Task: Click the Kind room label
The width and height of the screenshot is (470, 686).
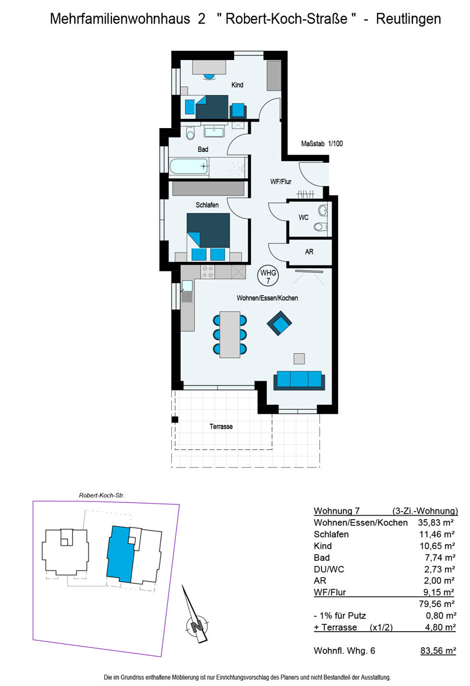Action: [x=237, y=85]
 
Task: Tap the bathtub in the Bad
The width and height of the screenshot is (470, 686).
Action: [x=189, y=166]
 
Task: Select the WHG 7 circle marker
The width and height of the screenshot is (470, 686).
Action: [x=268, y=276]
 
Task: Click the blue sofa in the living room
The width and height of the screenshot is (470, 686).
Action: [x=299, y=380]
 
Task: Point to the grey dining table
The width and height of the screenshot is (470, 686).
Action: [x=230, y=334]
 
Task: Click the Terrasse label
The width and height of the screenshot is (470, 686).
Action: [x=221, y=426]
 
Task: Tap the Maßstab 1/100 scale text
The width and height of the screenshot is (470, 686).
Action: [x=322, y=143]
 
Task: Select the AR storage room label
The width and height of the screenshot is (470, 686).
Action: [x=309, y=252]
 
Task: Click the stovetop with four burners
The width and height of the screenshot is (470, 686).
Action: [x=208, y=272]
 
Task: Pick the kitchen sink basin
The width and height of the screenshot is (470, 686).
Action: [x=187, y=286]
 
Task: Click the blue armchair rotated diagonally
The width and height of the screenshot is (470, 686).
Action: [x=279, y=323]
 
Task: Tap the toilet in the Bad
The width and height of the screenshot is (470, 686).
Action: [x=190, y=133]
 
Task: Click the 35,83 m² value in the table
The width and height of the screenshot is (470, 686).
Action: [x=436, y=523]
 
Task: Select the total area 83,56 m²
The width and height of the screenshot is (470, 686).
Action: [x=438, y=651]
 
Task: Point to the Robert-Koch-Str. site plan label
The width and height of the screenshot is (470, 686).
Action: [x=102, y=496]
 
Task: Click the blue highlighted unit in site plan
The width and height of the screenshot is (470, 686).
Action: [x=120, y=555]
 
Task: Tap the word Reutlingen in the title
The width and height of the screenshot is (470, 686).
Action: [x=408, y=19]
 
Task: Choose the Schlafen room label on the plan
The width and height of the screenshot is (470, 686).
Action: [x=207, y=205]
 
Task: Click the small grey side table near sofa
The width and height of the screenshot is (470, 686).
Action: [x=299, y=358]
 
